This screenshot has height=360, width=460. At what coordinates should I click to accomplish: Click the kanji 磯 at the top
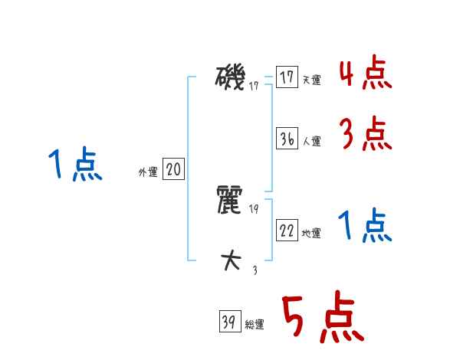232,78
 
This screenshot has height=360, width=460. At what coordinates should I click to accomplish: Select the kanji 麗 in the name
232,201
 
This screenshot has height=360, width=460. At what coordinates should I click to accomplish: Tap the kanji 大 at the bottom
232,261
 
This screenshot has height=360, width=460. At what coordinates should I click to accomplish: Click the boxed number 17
287,78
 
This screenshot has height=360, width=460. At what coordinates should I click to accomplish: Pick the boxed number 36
287,139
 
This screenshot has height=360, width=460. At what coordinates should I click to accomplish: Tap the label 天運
311,80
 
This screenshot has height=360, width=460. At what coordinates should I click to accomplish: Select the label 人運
311,141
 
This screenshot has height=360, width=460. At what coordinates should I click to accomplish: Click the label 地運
311,234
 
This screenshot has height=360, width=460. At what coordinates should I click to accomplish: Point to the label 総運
254,324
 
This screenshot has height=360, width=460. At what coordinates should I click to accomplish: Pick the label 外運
148,172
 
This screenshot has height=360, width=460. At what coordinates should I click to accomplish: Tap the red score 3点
366,136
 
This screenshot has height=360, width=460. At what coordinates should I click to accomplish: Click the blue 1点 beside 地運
366,227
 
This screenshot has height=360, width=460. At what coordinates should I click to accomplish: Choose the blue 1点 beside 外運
74,165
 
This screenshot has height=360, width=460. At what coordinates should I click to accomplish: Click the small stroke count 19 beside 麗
254,208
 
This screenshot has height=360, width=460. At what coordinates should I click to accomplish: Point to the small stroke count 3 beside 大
254,269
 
